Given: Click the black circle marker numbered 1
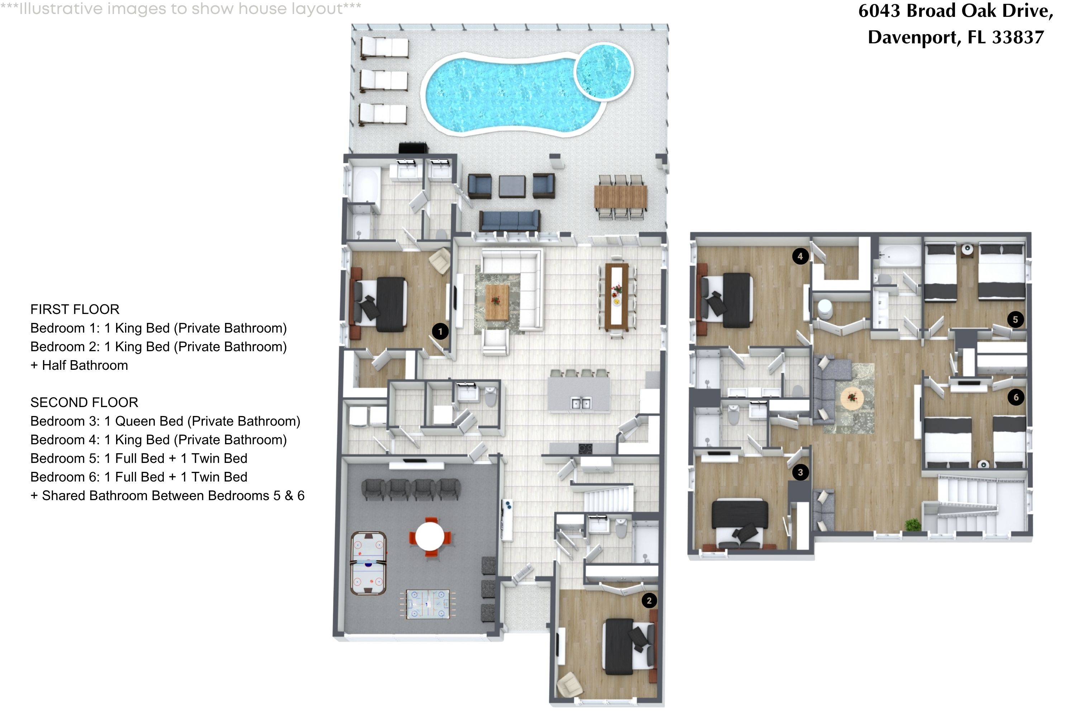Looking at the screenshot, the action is pyautogui.click(x=440, y=332).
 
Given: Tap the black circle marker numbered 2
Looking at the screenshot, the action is pyautogui.click(x=649, y=600).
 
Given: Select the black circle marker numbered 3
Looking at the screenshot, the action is pyautogui.click(x=800, y=472).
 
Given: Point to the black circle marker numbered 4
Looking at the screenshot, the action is pyautogui.click(x=800, y=256).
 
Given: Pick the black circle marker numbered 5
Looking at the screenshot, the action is pyautogui.click(x=1016, y=319).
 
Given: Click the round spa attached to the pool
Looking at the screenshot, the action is pyautogui.click(x=603, y=72).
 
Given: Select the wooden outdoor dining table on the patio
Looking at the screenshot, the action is pyautogui.click(x=621, y=196).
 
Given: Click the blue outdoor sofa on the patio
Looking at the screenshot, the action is pyautogui.click(x=509, y=221).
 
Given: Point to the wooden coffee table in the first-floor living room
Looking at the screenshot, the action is pyautogui.click(x=497, y=302).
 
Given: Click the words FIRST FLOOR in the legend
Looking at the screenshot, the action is pyautogui.click(x=75, y=310).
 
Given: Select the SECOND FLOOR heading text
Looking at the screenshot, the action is pyautogui.click(x=84, y=402).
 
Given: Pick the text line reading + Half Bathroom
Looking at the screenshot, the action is pyautogui.click(x=79, y=365).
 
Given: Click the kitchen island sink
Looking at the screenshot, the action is pyautogui.click(x=581, y=403).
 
